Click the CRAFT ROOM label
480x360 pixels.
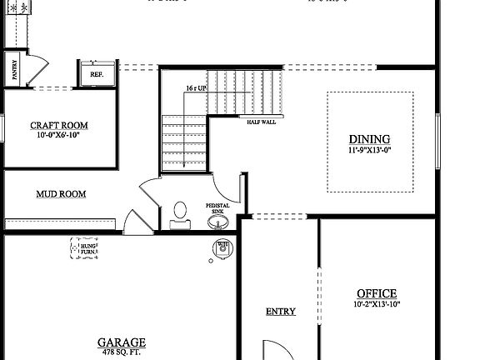click(x=59, y=126)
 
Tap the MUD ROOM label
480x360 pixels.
click(x=61, y=194)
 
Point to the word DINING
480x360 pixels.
click(x=369, y=139)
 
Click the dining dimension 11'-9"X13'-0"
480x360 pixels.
click(x=370, y=151)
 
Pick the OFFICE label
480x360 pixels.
click(x=377, y=293)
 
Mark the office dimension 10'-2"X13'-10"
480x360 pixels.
click(x=377, y=304)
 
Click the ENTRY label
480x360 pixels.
click(x=281, y=312)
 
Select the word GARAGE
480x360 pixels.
click(x=122, y=342)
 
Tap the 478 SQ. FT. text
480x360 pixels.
click(x=122, y=352)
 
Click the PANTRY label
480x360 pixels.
click(x=14, y=70)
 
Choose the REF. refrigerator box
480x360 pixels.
click(x=97, y=72)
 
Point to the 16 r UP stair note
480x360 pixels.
click(x=197, y=87)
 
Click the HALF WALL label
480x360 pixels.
click(x=261, y=122)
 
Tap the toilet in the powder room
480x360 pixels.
click(x=179, y=213)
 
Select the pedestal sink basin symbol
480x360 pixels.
click(x=217, y=222)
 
